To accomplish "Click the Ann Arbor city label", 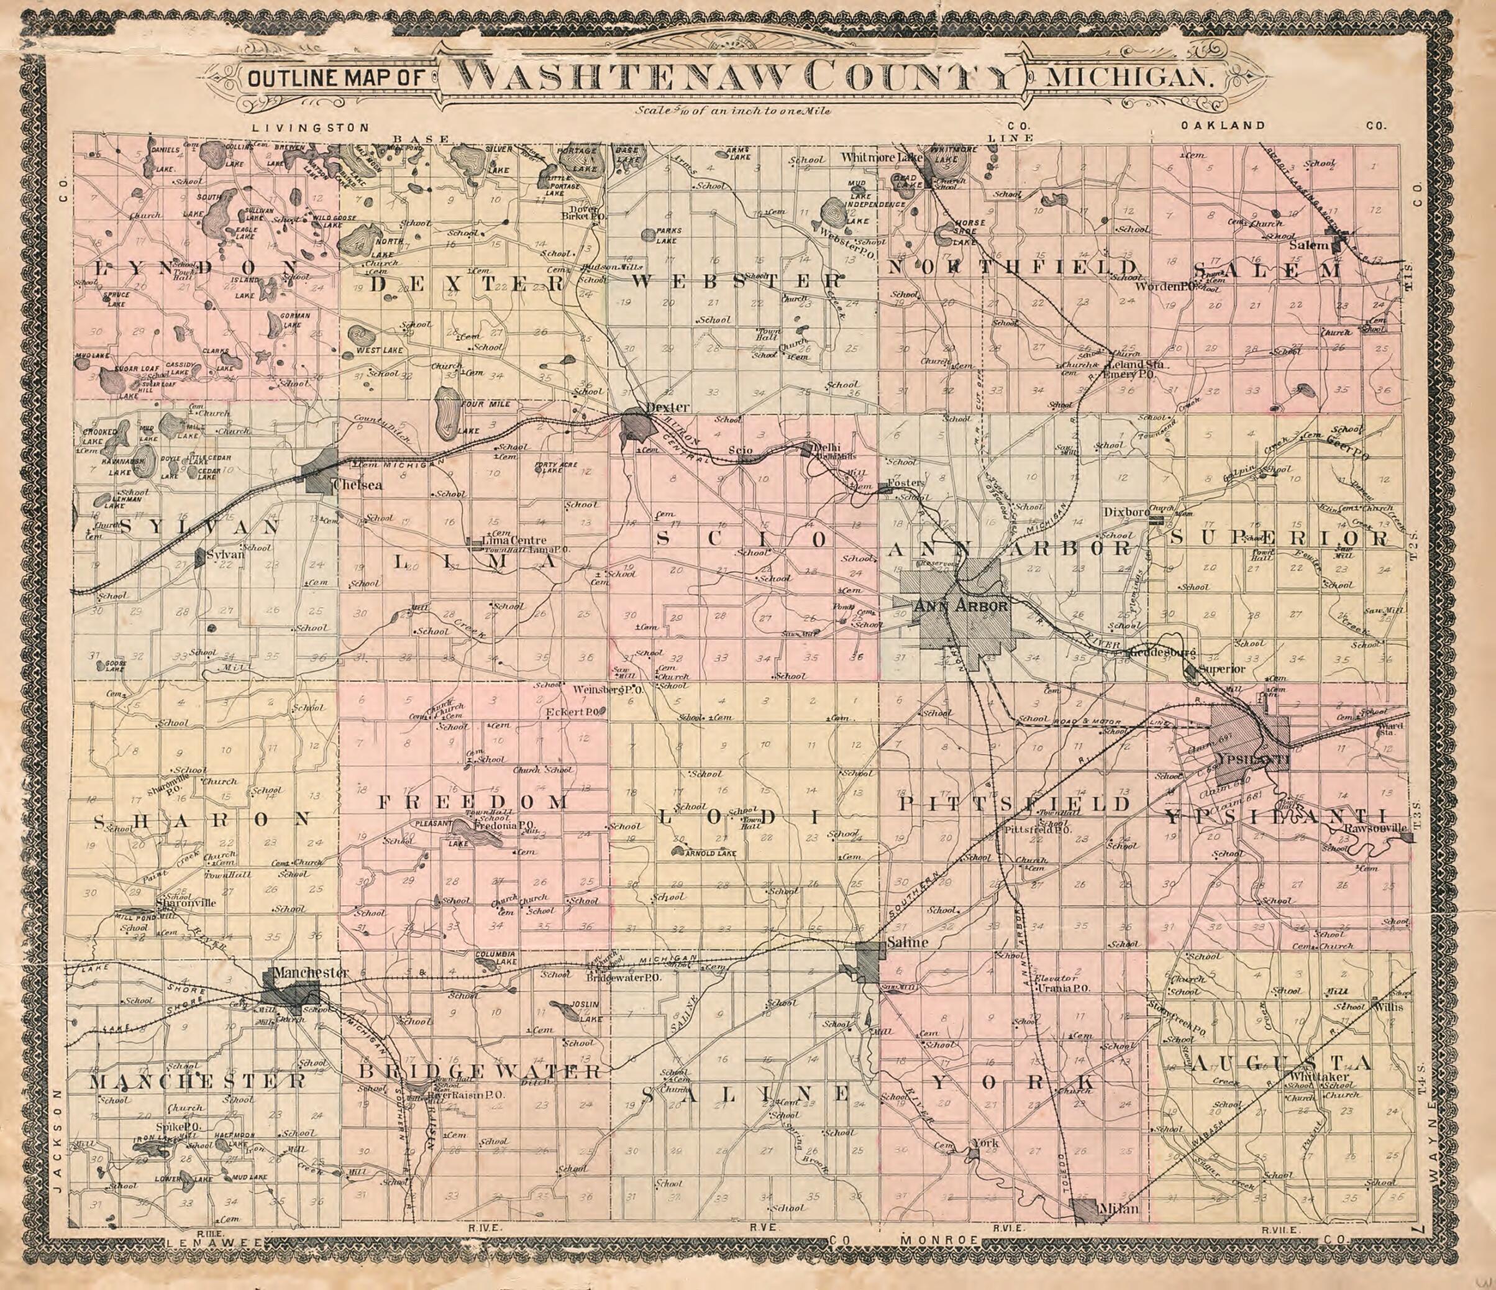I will tap(960, 606).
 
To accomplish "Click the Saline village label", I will tap(906, 943).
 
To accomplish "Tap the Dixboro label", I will tap(1126, 512).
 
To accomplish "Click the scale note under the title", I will tap(734, 111).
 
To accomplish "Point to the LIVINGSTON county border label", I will tap(311, 128).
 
